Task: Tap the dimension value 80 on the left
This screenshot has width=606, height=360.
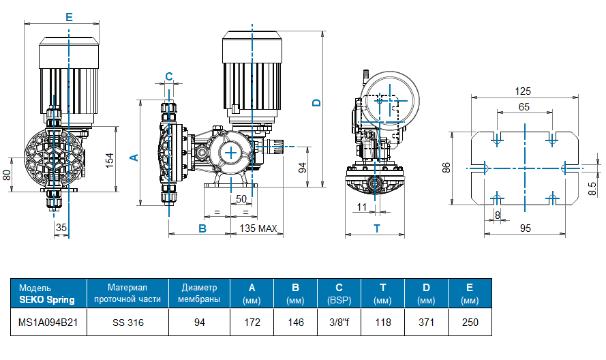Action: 7,175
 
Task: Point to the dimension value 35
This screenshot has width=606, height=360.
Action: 61,228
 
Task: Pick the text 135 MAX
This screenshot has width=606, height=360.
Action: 258,228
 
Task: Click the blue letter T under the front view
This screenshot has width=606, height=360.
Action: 376,228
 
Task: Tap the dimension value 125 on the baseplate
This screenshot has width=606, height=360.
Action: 523,91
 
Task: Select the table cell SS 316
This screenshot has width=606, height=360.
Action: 127,322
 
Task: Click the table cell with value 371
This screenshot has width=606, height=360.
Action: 426,322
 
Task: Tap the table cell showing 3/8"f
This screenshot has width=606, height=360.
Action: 339,322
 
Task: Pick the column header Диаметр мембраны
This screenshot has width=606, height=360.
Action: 199,293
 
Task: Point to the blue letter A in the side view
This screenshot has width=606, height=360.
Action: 134,157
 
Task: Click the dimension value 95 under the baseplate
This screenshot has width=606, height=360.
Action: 525,228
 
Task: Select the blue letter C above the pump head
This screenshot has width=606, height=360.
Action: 169,76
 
